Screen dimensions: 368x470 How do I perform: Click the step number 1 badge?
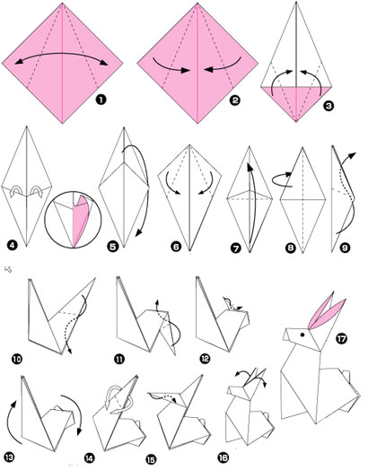[101, 100]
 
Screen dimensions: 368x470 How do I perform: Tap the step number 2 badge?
[235, 100]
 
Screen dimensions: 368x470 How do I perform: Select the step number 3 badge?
[329, 106]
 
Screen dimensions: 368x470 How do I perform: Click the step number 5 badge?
[113, 247]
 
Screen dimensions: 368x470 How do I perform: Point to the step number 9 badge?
[345, 248]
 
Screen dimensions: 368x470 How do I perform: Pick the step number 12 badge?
[206, 359]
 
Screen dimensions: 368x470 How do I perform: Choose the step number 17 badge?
[341, 339]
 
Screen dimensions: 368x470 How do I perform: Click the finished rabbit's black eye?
[302, 335]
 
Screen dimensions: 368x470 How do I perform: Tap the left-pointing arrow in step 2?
[223, 65]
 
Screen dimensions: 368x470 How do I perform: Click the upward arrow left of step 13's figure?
[11, 422]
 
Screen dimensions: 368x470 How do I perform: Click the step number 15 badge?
[151, 459]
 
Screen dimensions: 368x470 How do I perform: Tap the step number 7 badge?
[236, 248]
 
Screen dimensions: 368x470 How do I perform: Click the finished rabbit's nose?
[287, 335]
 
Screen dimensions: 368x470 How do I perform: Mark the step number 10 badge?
[17, 359]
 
